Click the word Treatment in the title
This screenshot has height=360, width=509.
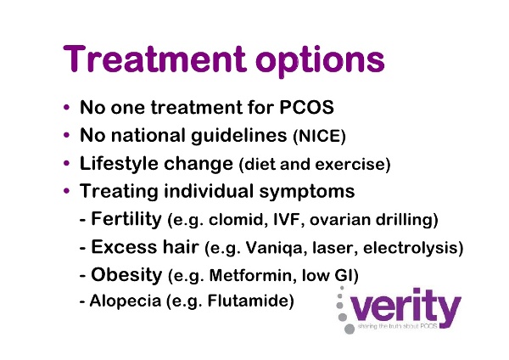pos(154,59)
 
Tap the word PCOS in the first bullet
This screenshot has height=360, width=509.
pos(306,107)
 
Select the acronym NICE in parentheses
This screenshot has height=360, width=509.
pos(319,137)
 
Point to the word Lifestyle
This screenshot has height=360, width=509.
pos(118,163)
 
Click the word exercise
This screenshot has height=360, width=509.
pos(350,165)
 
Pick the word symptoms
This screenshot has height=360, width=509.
pos(307,192)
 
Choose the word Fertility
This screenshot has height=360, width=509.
pos(126,219)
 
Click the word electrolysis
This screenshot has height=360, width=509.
pos(410,249)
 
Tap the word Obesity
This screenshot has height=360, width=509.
pos(126,275)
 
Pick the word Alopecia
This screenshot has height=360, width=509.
pos(126,301)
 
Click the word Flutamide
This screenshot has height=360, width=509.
pos(248,301)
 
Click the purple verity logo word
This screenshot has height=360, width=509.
pos(406,307)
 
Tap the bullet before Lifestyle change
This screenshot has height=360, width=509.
pos(66,162)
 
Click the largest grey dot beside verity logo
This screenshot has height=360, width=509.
pos(350,329)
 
